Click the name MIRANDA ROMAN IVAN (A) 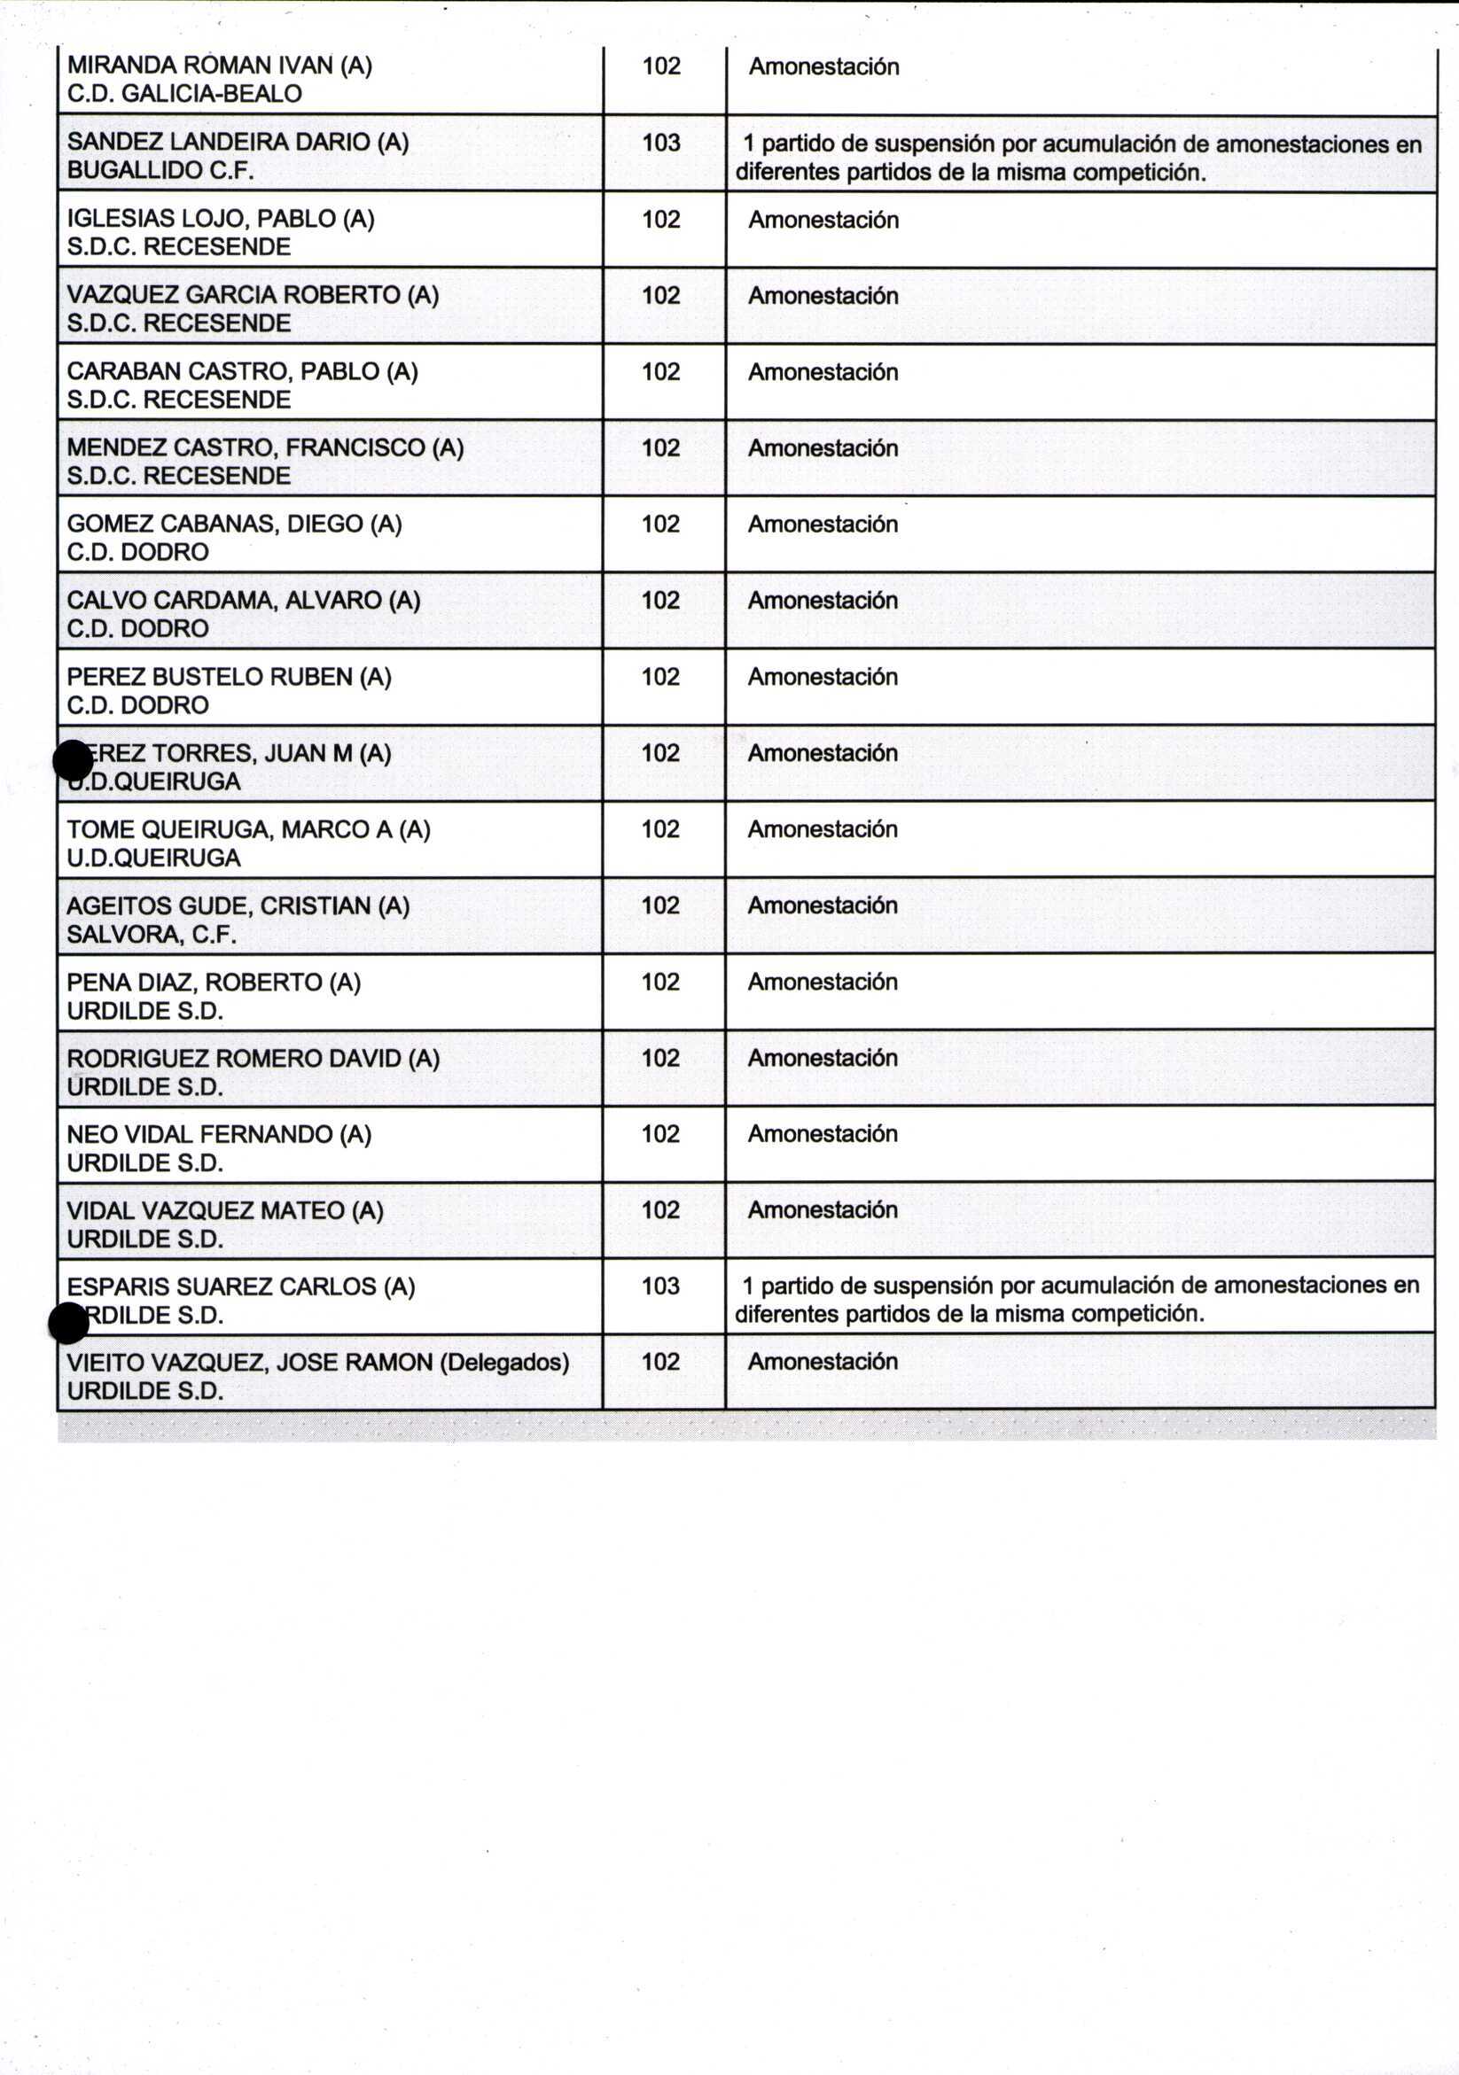coord(220,66)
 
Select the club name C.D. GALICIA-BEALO coord(184,94)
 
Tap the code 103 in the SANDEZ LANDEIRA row coord(660,143)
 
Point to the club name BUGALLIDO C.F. coord(160,171)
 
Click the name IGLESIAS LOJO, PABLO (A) coord(221,219)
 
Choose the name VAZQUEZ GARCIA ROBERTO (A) coord(253,296)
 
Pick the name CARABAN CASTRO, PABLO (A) coord(242,371)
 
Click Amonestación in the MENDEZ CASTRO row coord(823,448)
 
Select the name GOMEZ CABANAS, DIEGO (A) coord(234,525)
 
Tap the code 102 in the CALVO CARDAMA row coord(660,600)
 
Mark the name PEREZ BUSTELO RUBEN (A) coord(229,677)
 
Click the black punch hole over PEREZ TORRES coord(74,760)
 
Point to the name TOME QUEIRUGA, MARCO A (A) coord(248,829)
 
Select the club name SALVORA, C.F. coord(152,935)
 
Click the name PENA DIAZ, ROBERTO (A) coord(214,983)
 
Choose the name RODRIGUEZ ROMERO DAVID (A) coord(254,1058)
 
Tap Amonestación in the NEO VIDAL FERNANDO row coord(823,1134)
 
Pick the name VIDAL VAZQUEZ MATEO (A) coord(225,1211)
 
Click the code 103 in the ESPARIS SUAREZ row coord(660,1286)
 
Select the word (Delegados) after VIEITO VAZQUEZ coord(504,1362)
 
